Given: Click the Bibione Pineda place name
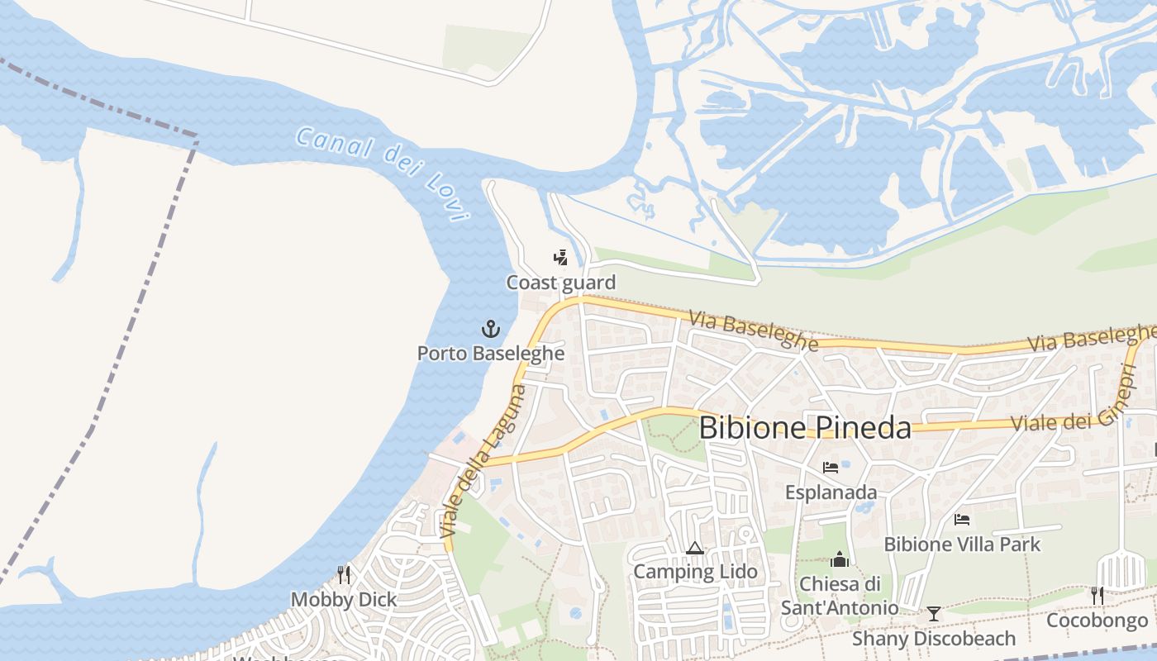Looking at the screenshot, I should tap(805, 428).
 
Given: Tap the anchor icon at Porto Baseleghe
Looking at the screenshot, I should tap(491, 329).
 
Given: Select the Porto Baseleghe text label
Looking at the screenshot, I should tap(491, 354).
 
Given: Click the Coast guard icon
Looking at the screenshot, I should tap(561, 258).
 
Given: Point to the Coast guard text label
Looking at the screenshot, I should tap(561, 283).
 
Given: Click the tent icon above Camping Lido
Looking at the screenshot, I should tap(694, 548).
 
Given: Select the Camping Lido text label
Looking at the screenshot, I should tap(695, 572).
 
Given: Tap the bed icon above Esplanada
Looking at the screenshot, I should tap(831, 468).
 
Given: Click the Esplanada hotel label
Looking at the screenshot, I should tap(831, 492).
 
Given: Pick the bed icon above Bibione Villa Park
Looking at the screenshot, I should tap(962, 520).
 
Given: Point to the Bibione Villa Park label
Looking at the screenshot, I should tap(962, 544).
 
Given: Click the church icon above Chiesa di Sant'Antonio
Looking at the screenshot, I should tap(840, 559).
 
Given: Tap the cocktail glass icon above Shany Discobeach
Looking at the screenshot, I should tap(934, 613).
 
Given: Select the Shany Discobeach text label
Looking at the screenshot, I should tap(934, 639).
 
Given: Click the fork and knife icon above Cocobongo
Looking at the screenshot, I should tap(1097, 595).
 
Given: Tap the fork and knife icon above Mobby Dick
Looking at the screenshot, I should tap(344, 574).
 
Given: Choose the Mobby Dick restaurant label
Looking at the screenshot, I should tap(344, 600).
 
